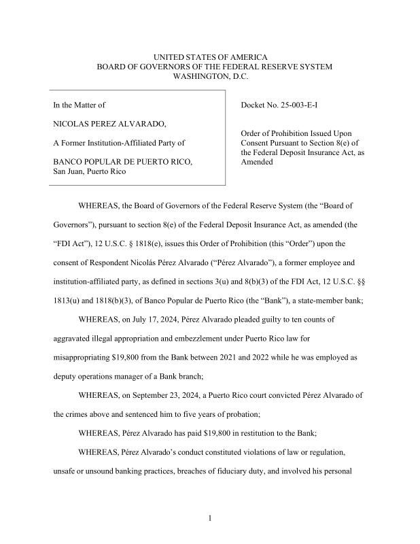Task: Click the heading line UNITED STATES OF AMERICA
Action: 210,57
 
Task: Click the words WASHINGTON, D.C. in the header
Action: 210,76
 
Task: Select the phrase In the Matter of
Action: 80,105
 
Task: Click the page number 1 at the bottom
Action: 210,519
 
